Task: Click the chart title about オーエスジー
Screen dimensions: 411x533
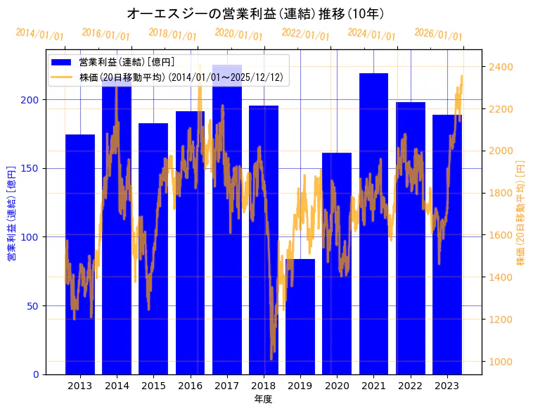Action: (x=255, y=13)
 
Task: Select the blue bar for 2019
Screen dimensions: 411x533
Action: (x=300, y=316)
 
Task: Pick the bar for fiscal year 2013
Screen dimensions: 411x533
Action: (x=80, y=254)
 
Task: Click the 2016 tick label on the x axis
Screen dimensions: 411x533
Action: (x=190, y=385)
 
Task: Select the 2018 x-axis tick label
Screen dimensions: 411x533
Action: (x=263, y=385)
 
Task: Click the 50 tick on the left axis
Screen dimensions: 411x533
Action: (x=33, y=305)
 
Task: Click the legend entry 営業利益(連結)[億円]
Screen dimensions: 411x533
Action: (x=127, y=63)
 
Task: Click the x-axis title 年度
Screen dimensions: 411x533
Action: (x=264, y=399)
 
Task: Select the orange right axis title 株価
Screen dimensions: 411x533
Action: (x=521, y=212)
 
